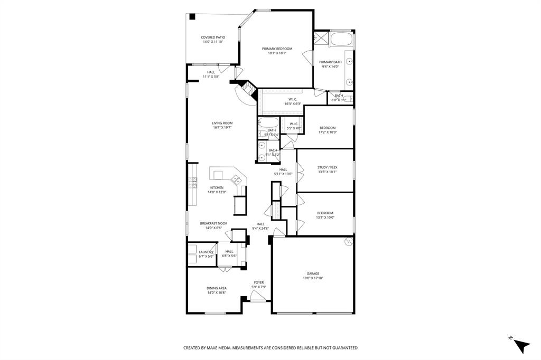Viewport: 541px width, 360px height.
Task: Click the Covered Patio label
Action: coord(213,37)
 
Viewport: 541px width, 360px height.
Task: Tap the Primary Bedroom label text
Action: coord(277,49)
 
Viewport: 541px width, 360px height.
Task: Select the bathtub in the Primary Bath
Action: coord(342,40)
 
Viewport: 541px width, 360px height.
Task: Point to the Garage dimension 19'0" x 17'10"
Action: coord(313,278)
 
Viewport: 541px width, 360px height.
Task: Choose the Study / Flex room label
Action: coord(327,167)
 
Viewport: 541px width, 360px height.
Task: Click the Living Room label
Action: coord(222,123)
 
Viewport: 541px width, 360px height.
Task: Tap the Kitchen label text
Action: coord(217,187)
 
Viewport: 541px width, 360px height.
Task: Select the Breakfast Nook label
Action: coord(213,223)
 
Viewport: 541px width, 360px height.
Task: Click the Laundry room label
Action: coord(206,252)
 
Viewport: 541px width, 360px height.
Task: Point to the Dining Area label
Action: coord(217,288)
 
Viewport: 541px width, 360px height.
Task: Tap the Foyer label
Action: coord(259,282)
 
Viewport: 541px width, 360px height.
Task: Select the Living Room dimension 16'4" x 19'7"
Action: coord(222,128)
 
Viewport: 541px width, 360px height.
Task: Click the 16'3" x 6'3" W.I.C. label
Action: coord(293,99)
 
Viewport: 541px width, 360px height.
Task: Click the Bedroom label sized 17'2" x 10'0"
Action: coord(327,128)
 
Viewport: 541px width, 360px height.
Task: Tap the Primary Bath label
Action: coord(330,62)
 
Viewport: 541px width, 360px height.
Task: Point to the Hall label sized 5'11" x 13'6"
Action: coord(283,169)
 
